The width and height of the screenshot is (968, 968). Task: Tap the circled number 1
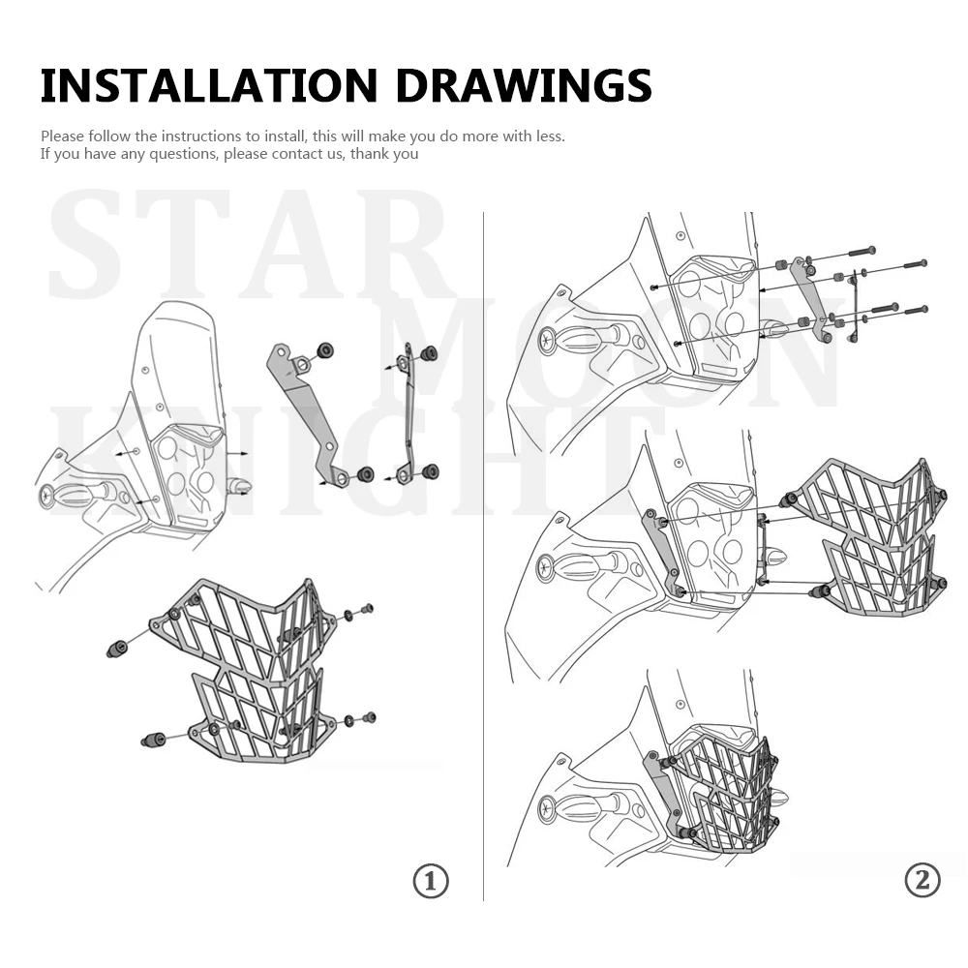(x=431, y=881)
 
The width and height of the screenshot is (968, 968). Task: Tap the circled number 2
(x=923, y=880)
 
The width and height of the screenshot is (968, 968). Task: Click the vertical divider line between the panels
(x=483, y=556)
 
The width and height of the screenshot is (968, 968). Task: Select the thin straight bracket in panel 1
(x=407, y=412)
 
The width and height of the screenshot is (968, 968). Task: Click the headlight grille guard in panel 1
(x=244, y=670)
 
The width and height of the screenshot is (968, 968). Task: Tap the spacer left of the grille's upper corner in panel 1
(x=117, y=649)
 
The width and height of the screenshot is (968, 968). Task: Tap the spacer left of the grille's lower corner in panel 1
(x=153, y=739)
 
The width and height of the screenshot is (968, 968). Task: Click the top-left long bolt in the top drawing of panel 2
(x=862, y=252)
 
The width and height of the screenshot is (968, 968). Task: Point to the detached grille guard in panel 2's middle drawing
(x=870, y=536)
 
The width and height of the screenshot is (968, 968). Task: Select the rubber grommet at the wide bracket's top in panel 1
(x=324, y=350)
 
